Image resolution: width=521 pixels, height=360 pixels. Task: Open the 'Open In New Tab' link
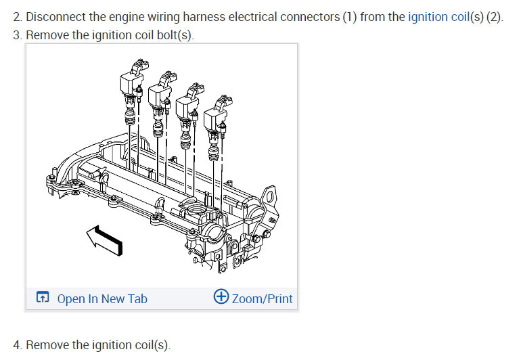click(x=101, y=298)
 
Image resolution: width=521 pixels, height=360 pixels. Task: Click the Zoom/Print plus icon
click(x=221, y=297)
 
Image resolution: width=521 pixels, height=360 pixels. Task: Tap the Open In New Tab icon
click(x=43, y=298)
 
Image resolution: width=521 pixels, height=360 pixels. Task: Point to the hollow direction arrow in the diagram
click(x=106, y=240)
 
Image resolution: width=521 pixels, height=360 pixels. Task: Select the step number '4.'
click(x=18, y=345)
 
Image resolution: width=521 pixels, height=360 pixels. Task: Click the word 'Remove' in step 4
click(x=47, y=345)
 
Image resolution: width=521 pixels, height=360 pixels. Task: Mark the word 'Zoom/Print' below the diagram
click(x=263, y=298)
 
